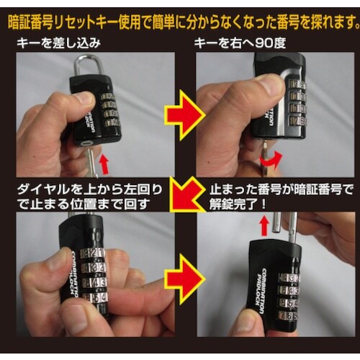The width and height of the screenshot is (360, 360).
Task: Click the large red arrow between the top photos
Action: point(180,112)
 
